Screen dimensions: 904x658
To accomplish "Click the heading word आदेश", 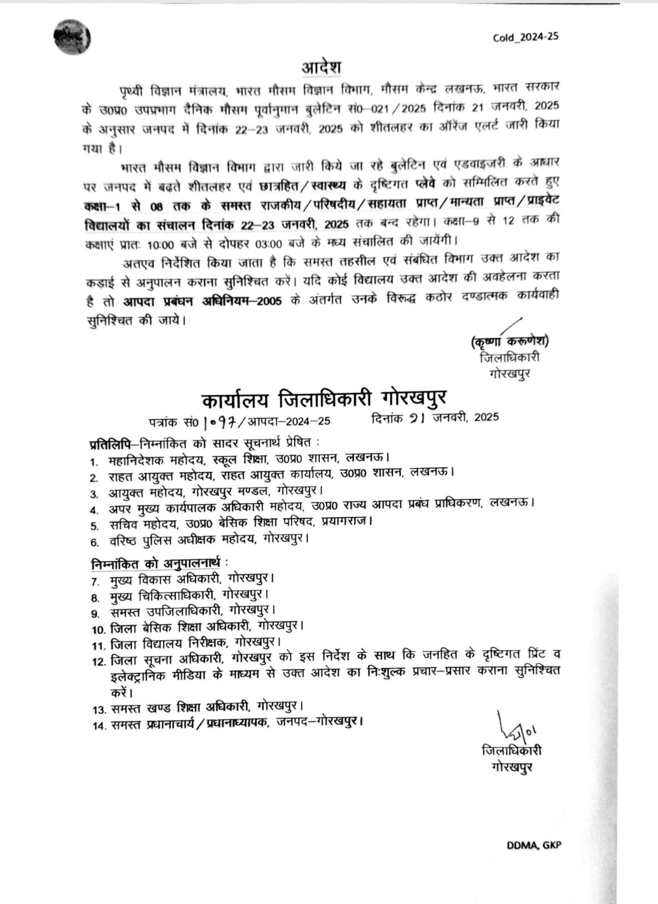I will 321,67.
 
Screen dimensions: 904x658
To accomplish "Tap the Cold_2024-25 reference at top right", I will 525,37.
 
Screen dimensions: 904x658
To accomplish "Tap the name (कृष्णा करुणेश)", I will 509,341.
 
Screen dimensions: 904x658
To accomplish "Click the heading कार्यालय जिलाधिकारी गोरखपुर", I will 324,399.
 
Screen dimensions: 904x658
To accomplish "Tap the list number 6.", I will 94,542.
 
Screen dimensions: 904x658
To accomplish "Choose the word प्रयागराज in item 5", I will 346,524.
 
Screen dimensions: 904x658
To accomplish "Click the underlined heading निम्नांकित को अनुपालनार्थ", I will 156,563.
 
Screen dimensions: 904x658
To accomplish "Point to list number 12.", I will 98,661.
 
